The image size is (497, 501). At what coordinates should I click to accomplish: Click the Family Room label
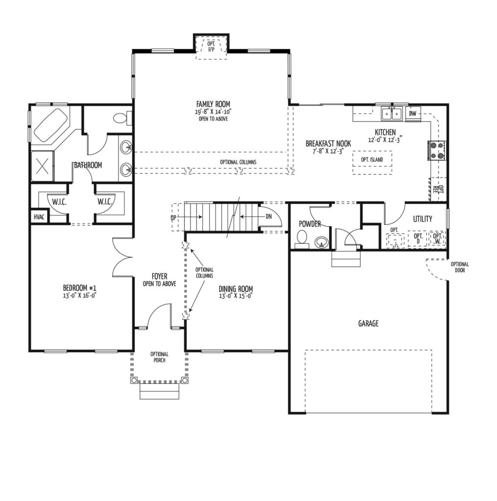[x=213, y=104]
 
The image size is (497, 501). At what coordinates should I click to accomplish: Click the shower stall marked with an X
[x=43, y=166]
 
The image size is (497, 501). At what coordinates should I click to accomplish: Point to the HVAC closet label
[x=39, y=217]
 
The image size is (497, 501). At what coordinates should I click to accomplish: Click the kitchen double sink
[x=392, y=114]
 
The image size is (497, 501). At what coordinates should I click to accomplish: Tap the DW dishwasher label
[x=413, y=114]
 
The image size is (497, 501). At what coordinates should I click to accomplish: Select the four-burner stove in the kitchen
[x=437, y=150]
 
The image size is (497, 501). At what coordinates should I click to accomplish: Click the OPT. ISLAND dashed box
[x=372, y=162]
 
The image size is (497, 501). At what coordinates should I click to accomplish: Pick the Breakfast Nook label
[x=328, y=144]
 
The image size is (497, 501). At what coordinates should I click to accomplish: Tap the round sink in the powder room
[x=321, y=243]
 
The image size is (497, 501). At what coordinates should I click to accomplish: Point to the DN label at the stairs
[x=269, y=216]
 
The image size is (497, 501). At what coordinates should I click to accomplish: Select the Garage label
[x=368, y=323]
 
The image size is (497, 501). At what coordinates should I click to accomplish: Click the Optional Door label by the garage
[x=460, y=267]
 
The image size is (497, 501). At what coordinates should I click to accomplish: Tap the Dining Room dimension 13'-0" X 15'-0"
[x=236, y=296]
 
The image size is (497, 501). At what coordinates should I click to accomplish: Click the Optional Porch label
[x=159, y=357]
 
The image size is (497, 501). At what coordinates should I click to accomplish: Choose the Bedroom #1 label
[x=80, y=288]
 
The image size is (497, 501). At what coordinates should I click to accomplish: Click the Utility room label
[x=423, y=219]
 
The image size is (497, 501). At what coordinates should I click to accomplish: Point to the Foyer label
[x=159, y=276]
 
